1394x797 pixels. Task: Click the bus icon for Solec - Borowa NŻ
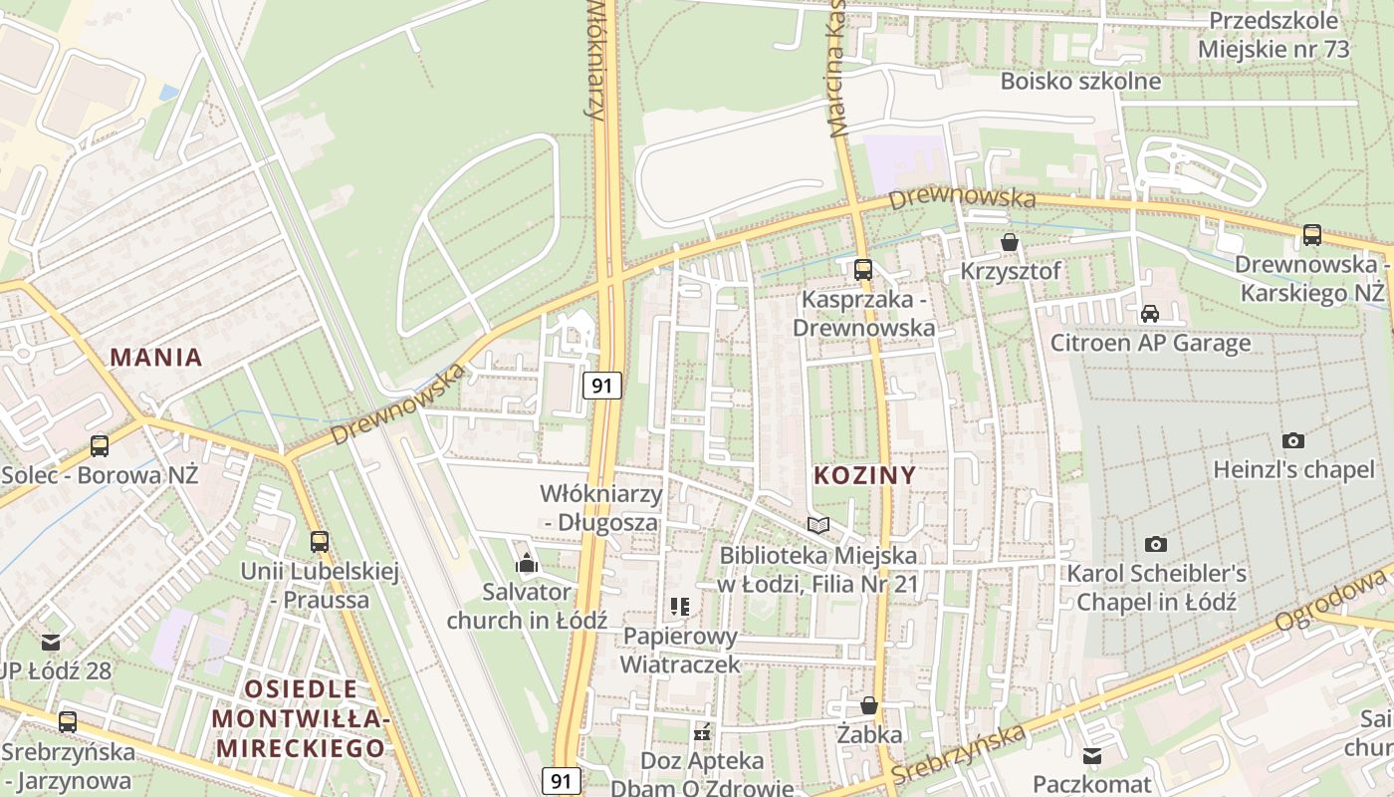click(x=100, y=445)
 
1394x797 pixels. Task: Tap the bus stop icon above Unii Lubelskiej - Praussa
click(x=319, y=542)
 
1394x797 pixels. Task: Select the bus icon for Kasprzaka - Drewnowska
click(x=862, y=269)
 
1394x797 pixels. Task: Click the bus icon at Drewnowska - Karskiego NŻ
click(x=1312, y=235)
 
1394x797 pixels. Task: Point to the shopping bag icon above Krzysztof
click(x=1010, y=242)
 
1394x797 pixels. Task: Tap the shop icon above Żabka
click(x=869, y=705)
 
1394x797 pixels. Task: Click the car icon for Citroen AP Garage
click(x=1150, y=314)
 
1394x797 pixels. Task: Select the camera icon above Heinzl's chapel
click(x=1292, y=440)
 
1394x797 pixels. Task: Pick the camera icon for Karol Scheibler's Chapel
click(x=1155, y=544)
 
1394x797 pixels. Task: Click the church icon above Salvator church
click(x=527, y=564)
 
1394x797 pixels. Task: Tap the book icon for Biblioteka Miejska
click(x=818, y=525)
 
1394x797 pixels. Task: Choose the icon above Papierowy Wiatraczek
click(x=681, y=606)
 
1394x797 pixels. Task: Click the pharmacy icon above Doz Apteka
click(x=703, y=732)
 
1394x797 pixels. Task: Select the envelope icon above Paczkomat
click(x=1092, y=756)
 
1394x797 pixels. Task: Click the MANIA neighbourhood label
click(x=156, y=358)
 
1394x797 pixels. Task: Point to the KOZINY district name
click(x=864, y=475)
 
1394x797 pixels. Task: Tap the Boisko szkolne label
click(x=1080, y=81)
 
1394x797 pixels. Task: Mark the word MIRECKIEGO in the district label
click(x=302, y=748)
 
